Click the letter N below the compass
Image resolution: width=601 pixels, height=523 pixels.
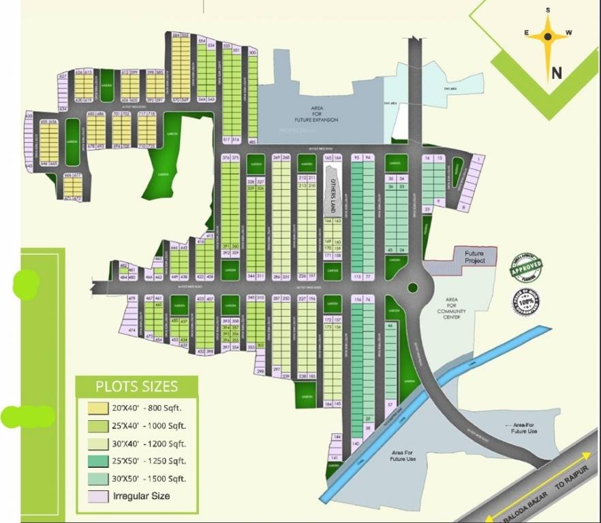click(x=557, y=73)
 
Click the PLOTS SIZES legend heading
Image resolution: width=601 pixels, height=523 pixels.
click(x=136, y=387)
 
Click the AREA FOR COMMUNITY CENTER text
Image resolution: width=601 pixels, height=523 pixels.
click(x=451, y=308)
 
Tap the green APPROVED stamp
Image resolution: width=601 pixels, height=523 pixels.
click(x=527, y=266)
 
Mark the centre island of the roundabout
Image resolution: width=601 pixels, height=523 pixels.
click(x=412, y=287)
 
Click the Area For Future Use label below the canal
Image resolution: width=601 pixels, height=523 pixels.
click(x=403, y=456)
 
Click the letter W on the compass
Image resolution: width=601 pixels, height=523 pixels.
click(x=570, y=32)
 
